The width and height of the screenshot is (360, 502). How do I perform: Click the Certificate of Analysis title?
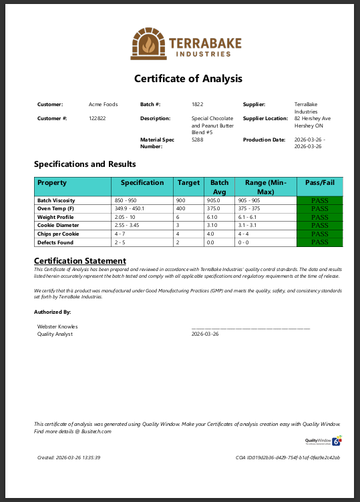coord(188,79)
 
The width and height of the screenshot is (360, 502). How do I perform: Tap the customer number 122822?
coord(98,118)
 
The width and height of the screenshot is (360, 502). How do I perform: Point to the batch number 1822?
coord(197,105)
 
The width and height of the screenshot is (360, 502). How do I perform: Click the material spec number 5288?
coord(197,140)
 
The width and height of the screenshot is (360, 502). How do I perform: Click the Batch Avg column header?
coord(219,186)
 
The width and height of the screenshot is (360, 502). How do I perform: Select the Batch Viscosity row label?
coord(56,200)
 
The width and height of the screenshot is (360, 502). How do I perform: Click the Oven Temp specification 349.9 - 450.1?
coord(134,209)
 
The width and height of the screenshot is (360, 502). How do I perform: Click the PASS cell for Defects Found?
coord(320,242)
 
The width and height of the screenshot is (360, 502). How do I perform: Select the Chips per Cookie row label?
coord(58,234)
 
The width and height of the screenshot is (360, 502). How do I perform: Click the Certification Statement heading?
coord(79,261)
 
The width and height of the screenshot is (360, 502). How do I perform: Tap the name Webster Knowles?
coord(57,326)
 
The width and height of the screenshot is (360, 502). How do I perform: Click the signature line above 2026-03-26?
coord(250,328)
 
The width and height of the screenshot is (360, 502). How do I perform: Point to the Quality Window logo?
coord(323,441)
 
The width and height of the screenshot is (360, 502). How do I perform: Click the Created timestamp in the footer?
coord(69,458)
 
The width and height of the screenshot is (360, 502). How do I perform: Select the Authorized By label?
coord(53,312)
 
